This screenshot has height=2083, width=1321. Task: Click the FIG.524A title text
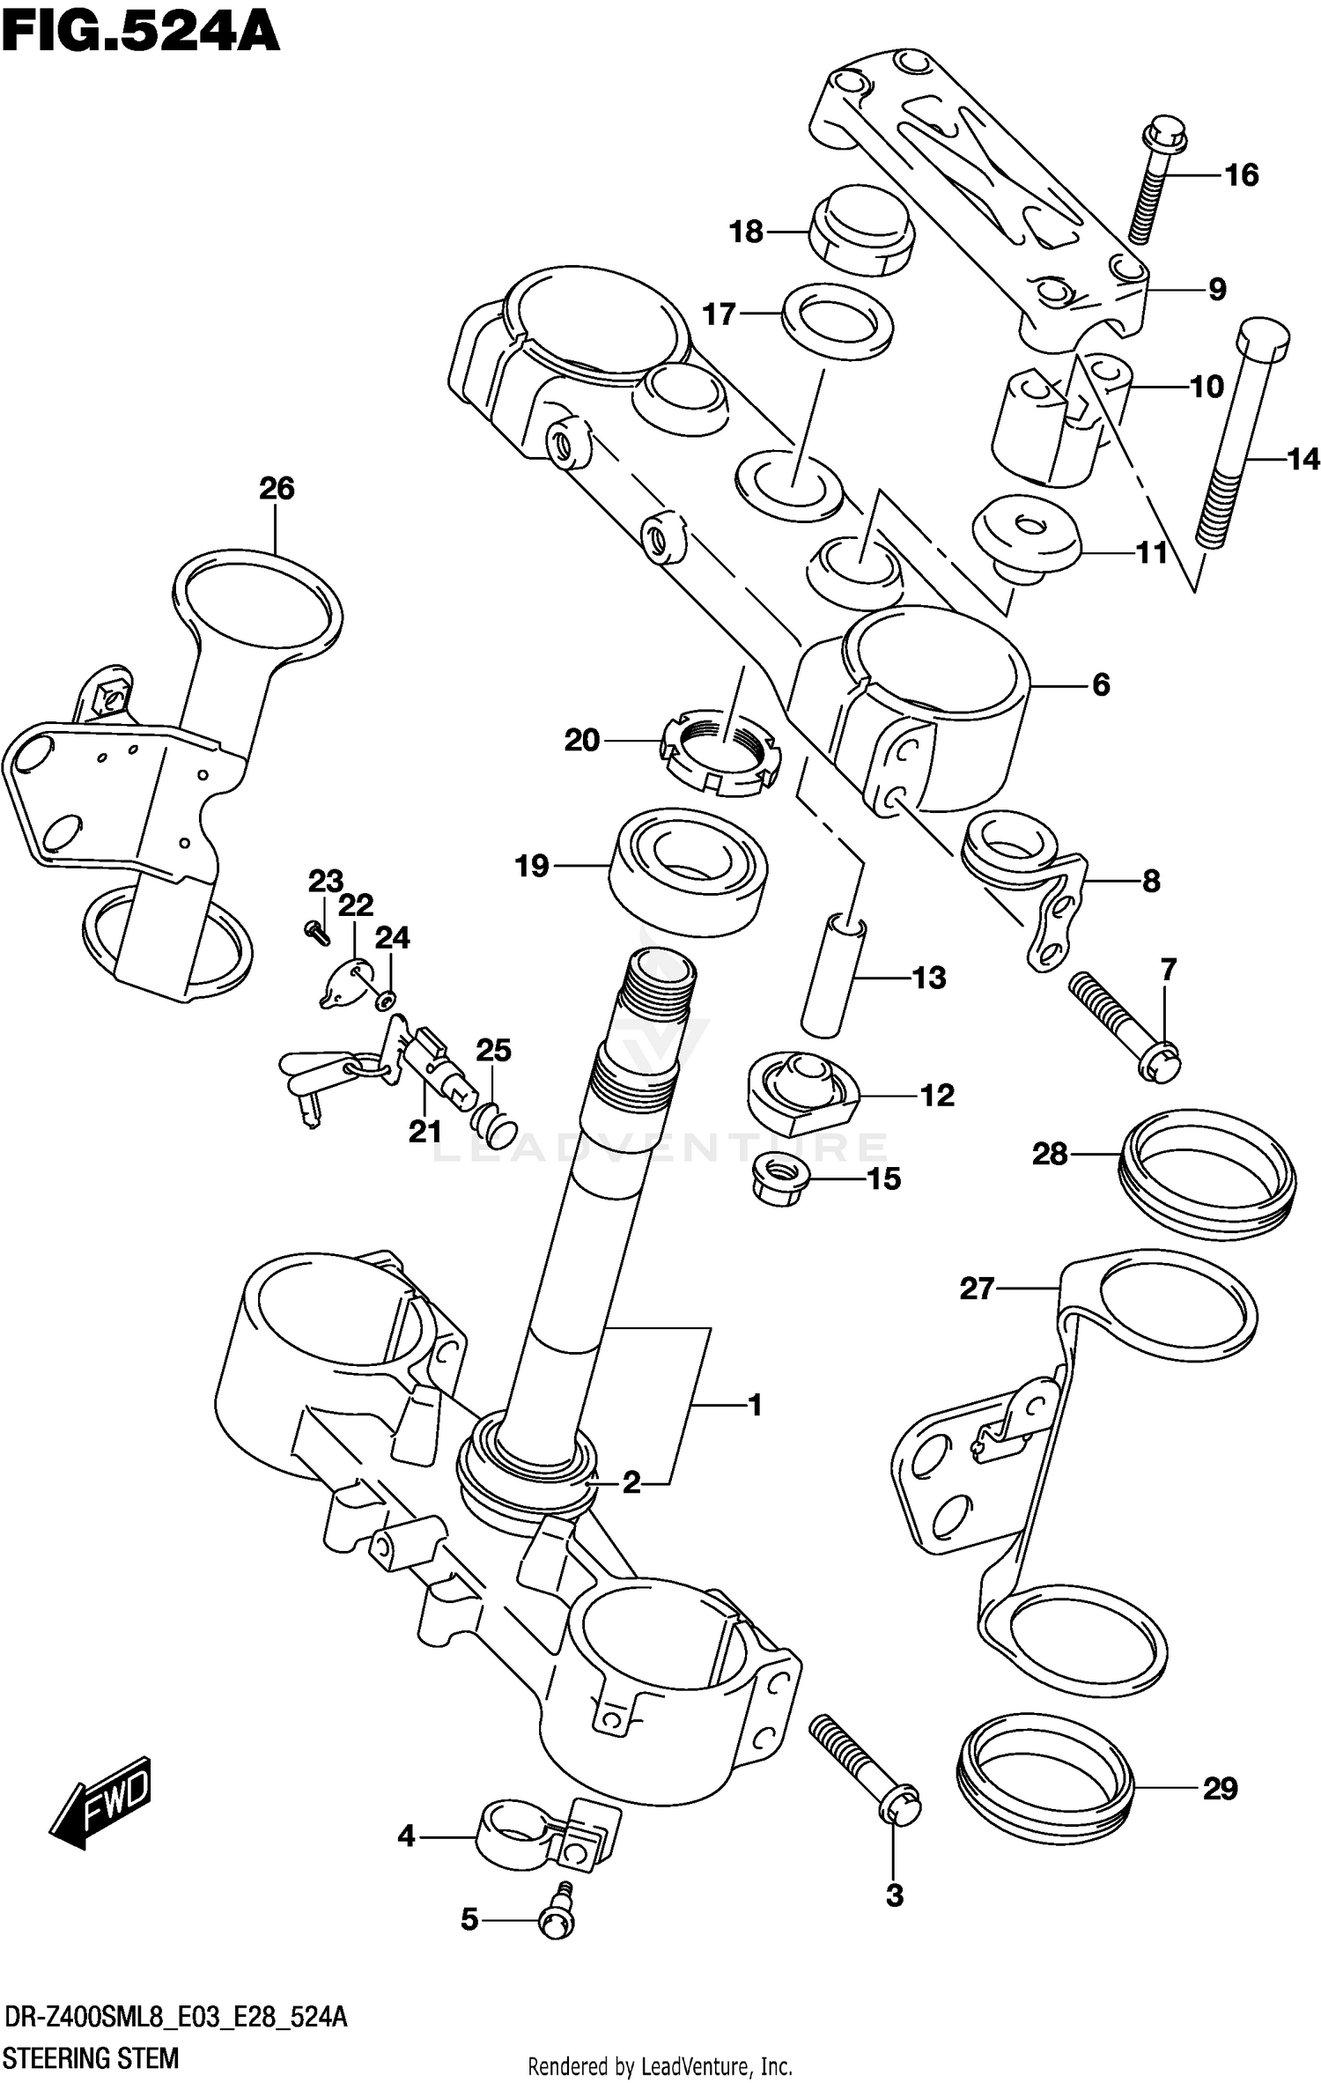pyautogui.click(x=141, y=33)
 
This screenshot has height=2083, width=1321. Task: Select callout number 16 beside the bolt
pyautogui.click(x=1241, y=175)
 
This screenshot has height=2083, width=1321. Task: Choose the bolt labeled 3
pyautogui.click(x=867, y=1766)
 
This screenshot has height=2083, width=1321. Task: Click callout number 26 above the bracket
pyautogui.click(x=277, y=488)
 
